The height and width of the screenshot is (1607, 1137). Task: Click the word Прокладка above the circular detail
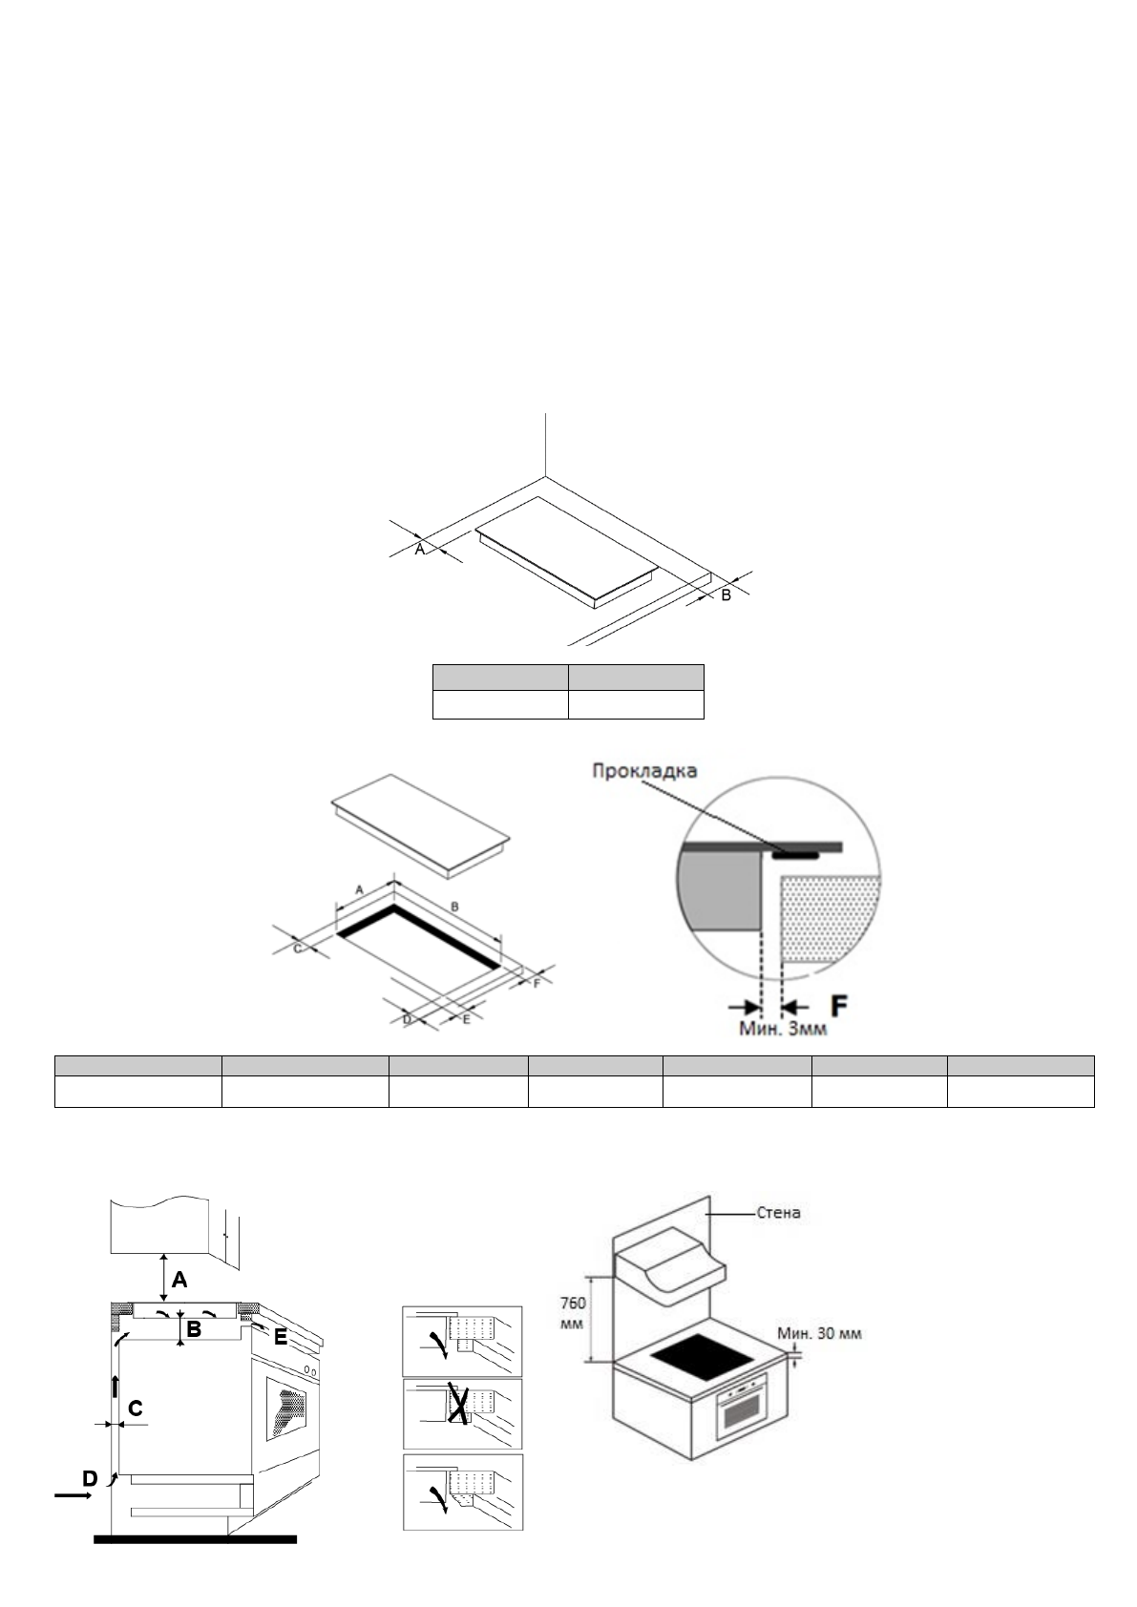click(644, 770)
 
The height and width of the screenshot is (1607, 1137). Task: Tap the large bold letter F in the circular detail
click(839, 1006)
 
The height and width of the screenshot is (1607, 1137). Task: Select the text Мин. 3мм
click(784, 1030)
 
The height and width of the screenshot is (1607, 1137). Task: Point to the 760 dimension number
click(572, 1303)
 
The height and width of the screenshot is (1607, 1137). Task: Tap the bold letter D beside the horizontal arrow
click(90, 1479)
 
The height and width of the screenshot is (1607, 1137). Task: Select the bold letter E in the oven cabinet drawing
click(281, 1338)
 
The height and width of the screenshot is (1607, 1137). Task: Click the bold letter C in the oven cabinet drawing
click(136, 1409)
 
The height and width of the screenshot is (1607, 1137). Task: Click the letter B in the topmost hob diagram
click(726, 595)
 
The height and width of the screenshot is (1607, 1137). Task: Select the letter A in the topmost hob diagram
click(419, 549)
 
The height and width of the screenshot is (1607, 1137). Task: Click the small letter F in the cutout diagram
click(537, 983)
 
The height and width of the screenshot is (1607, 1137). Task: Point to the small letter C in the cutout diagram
click(297, 949)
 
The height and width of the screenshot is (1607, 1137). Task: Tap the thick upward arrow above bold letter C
click(115, 1386)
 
